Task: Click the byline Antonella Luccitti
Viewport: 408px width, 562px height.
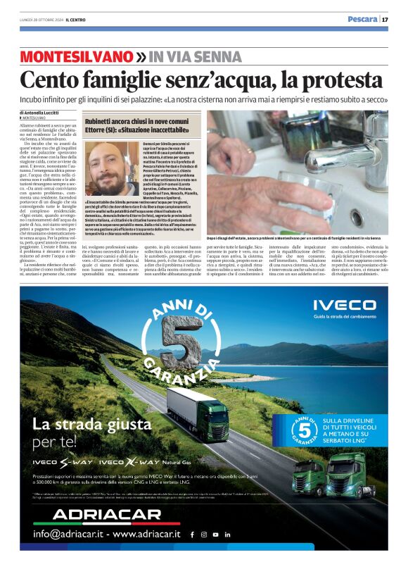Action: tap(42, 113)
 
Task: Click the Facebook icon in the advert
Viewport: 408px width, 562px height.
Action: tap(192, 535)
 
